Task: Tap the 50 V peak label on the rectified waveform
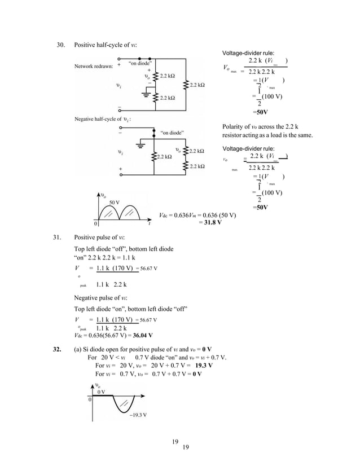[x=114, y=201]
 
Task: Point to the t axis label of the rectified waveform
[x=148, y=223]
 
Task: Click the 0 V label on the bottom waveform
[x=102, y=391]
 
